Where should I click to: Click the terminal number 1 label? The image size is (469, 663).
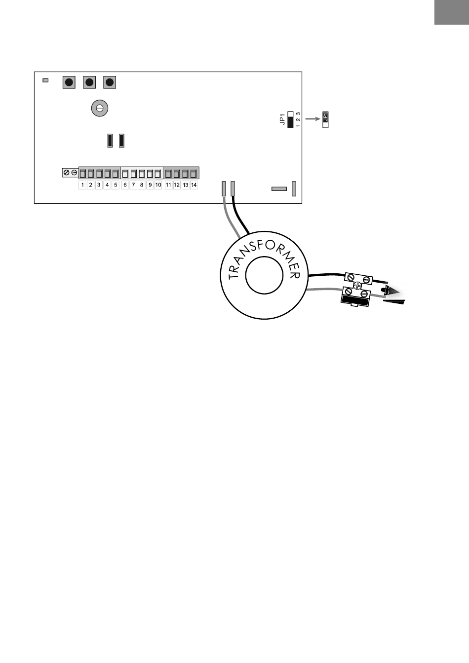[82, 185]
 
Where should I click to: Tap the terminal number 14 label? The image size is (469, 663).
[194, 185]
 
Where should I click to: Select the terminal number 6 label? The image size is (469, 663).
[125, 185]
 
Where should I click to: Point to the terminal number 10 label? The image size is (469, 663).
[158, 185]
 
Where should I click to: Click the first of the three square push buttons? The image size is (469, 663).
[69, 82]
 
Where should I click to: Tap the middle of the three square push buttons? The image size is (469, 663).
[89, 82]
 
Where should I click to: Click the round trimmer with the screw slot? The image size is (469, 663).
[100, 108]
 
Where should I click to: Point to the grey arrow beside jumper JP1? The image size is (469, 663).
[312, 119]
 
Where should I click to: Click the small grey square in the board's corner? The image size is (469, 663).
[45, 80]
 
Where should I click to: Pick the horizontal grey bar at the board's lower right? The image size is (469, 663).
[279, 188]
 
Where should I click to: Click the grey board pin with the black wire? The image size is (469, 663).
[233, 188]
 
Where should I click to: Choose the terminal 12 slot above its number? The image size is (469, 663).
[177, 174]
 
